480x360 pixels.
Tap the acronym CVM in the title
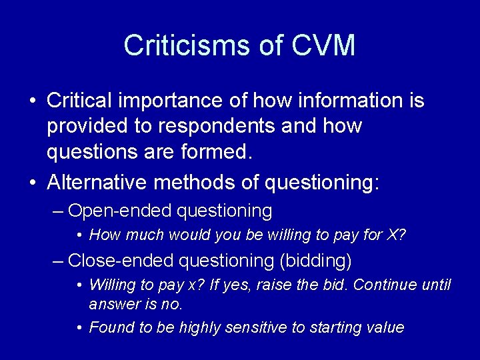tap(323, 45)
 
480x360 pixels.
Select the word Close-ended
tap(121, 260)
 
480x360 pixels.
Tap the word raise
tap(270, 285)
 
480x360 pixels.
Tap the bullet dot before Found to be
tap(79, 327)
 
